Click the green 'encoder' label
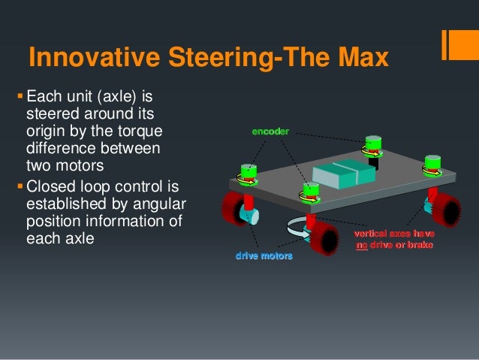pos(269,132)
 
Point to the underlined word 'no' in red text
pos(362,244)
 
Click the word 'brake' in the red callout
pos(419,244)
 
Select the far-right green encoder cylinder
pos(432,164)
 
